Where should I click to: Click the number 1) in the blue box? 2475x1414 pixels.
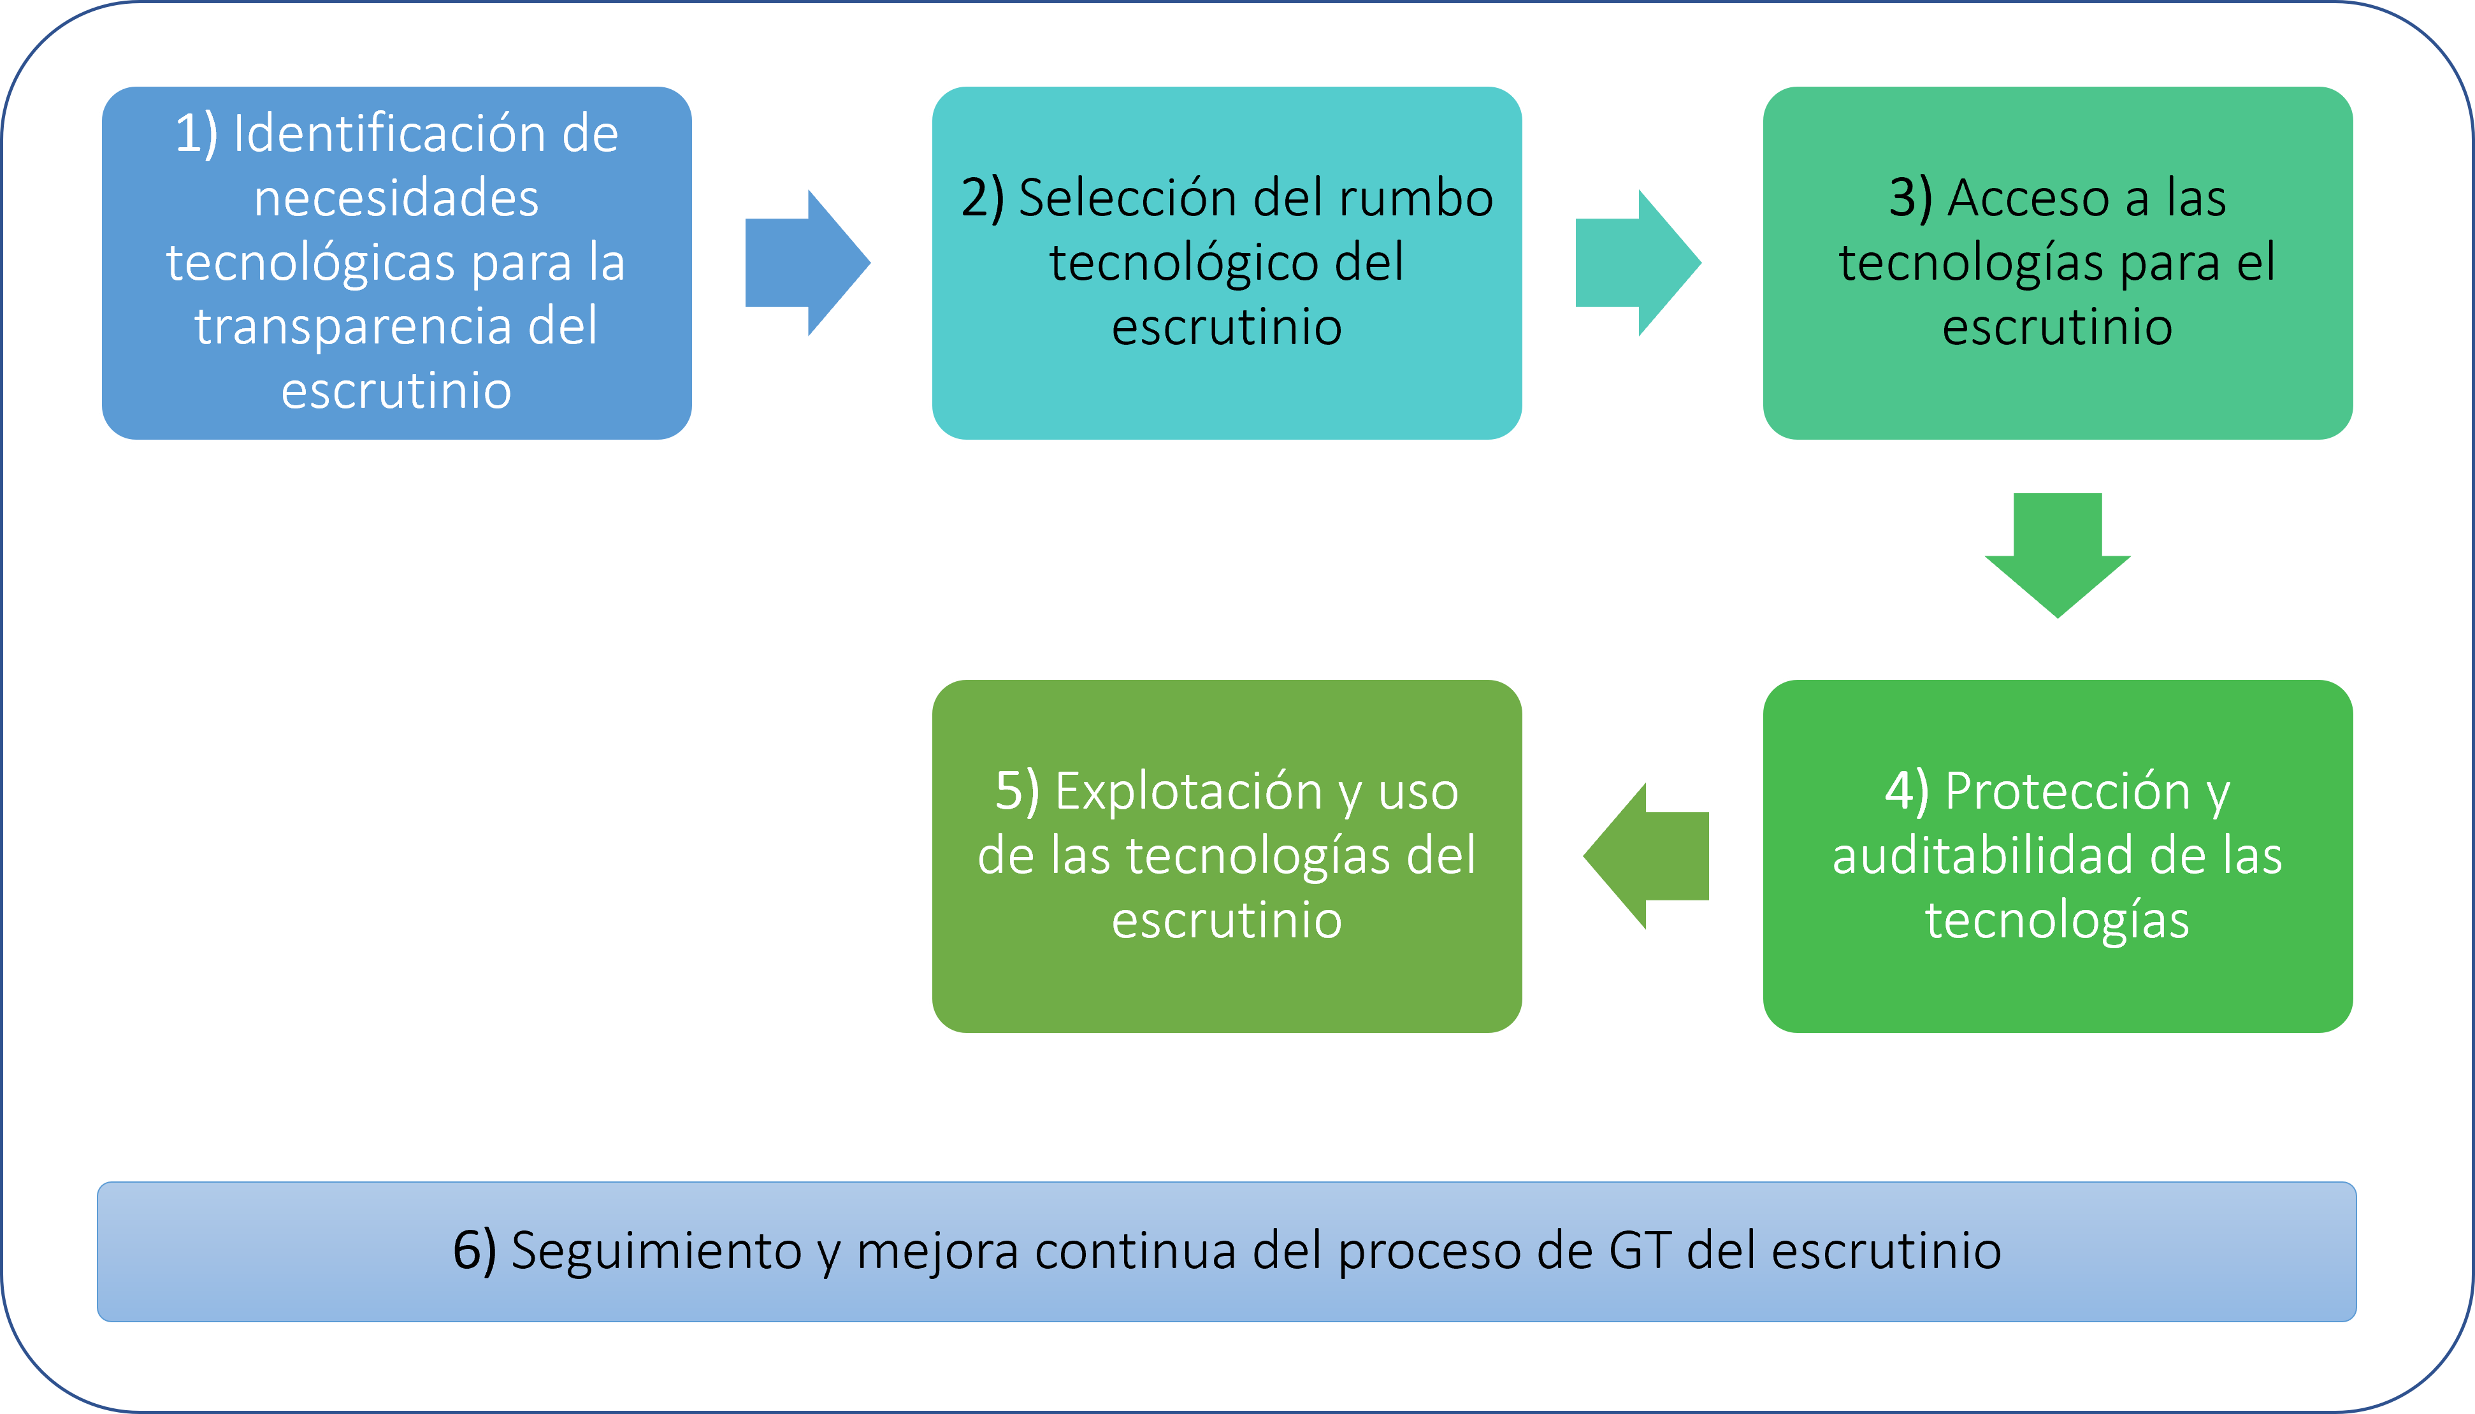tap(196, 134)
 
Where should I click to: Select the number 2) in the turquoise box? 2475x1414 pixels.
tap(981, 198)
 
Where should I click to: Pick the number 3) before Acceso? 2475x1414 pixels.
tap(1910, 198)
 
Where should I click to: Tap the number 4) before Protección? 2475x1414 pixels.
tap(1906, 791)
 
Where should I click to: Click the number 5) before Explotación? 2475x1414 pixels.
tap(1016, 791)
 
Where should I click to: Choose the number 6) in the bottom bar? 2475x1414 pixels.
tap(474, 1251)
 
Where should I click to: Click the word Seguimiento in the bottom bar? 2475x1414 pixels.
tap(656, 1251)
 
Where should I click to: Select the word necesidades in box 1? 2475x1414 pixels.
tap(396, 198)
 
